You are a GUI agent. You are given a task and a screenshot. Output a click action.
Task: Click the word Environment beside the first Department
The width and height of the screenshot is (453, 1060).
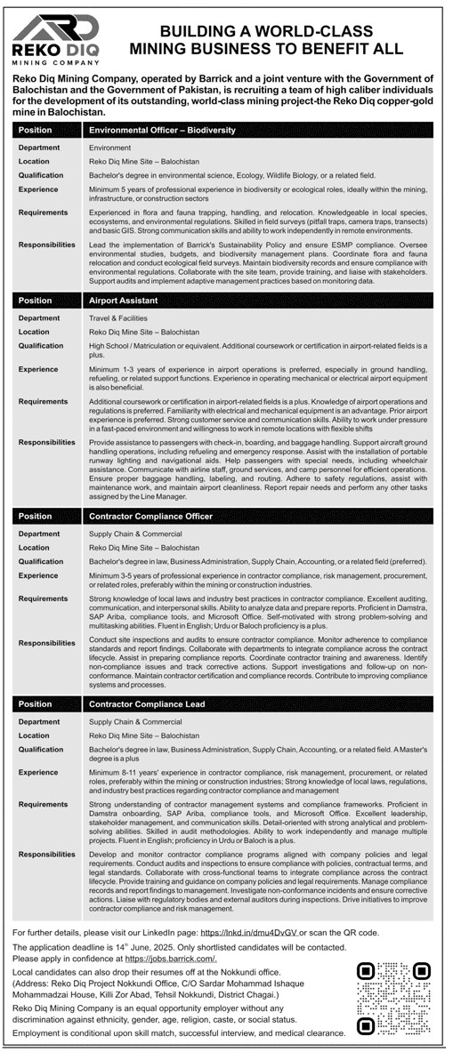point(109,148)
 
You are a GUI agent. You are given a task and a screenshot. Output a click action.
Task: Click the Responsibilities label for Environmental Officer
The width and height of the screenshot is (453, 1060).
point(47,243)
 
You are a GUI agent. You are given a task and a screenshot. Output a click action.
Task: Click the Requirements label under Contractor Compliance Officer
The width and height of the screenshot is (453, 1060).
point(44,599)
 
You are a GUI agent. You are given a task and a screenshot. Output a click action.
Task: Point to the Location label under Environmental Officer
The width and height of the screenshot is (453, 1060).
point(35,161)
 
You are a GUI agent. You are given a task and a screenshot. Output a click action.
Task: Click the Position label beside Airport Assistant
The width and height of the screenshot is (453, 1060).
point(35,301)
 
